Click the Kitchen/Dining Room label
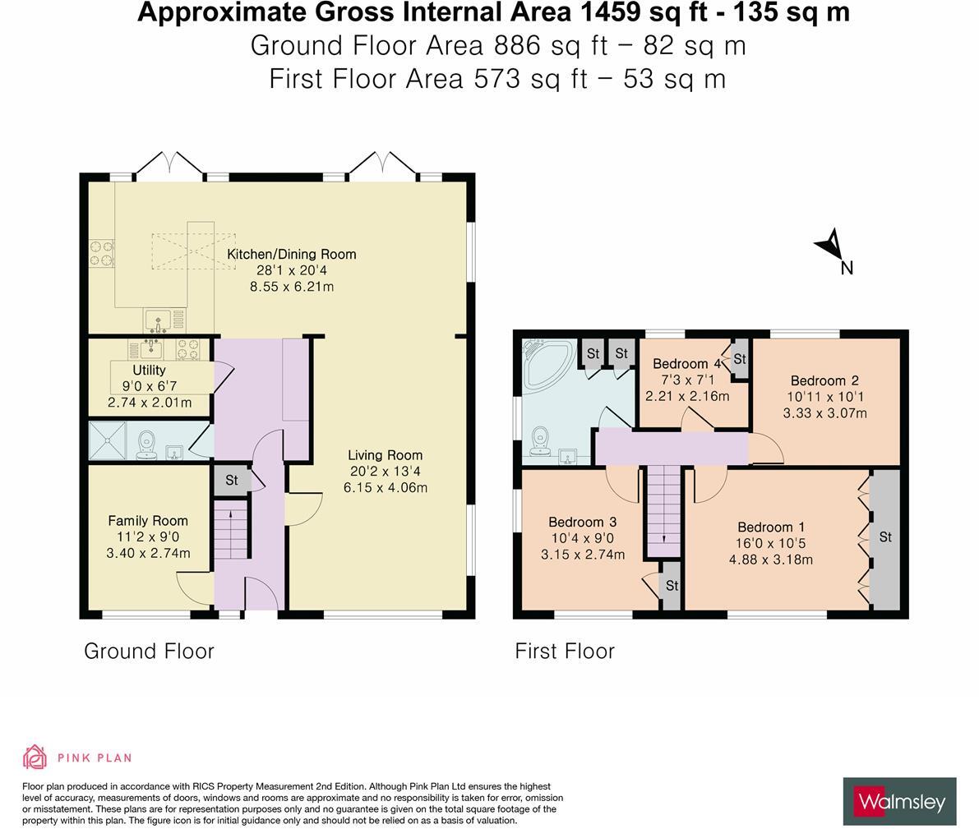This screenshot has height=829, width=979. click(x=291, y=254)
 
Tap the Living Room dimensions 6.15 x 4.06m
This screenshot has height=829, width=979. click(x=386, y=487)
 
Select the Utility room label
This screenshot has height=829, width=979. click(x=149, y=371)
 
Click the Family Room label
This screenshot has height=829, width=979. click(x=148, y=521)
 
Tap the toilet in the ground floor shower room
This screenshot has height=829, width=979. click(x=146, y=443)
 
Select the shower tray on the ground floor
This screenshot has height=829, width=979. click(x=107, y=440)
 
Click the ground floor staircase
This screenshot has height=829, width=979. click(x=231, y=532)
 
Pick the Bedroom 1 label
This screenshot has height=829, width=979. click(x=771, y=527)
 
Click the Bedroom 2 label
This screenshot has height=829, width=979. click(x=824, y=380)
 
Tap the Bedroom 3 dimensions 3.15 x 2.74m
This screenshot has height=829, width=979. click(x=583, y=555)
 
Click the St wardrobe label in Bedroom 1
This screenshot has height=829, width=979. click(x=885, y=537)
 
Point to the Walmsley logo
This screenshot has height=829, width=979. click(x=900, y=802)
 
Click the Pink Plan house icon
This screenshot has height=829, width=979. click(x=35, y=758)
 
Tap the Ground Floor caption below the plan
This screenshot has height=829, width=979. click(x=150, y=651)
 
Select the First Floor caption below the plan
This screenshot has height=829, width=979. click(x=565, y=651)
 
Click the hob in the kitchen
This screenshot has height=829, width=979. click(x=102, y=253)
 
